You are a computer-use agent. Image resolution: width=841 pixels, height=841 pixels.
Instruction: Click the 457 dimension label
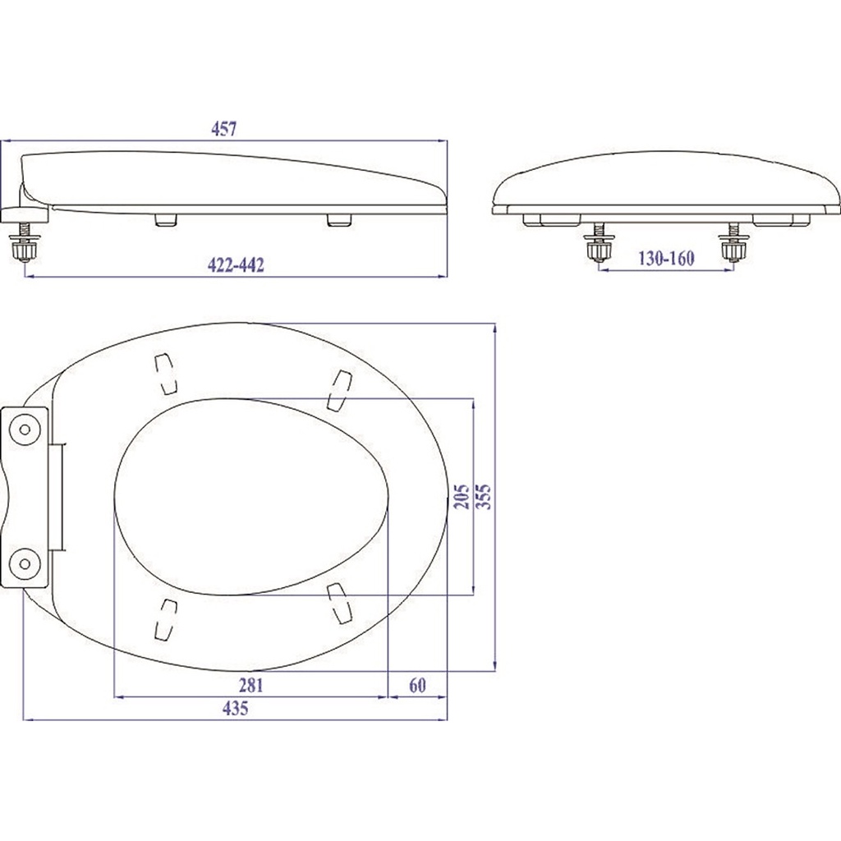pos(223,129)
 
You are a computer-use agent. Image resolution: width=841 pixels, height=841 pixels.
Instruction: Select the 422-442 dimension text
pos(236,265)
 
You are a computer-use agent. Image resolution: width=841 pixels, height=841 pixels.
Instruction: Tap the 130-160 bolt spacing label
pos(666,259)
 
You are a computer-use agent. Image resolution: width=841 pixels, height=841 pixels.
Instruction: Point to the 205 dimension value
pos(462,496)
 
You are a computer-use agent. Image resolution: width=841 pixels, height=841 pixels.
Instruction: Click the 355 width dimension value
pos(483,496)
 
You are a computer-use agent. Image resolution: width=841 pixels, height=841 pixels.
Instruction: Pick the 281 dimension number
pos(250,686)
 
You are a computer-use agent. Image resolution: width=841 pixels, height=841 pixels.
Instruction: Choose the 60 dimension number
pos(417,686)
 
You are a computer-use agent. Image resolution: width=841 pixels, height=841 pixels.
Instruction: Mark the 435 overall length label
pos(236,709)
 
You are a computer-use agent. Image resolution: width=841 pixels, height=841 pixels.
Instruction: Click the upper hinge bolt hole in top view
pos(25,429)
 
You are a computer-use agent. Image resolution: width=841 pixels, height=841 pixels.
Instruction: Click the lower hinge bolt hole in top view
pos(25,563)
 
